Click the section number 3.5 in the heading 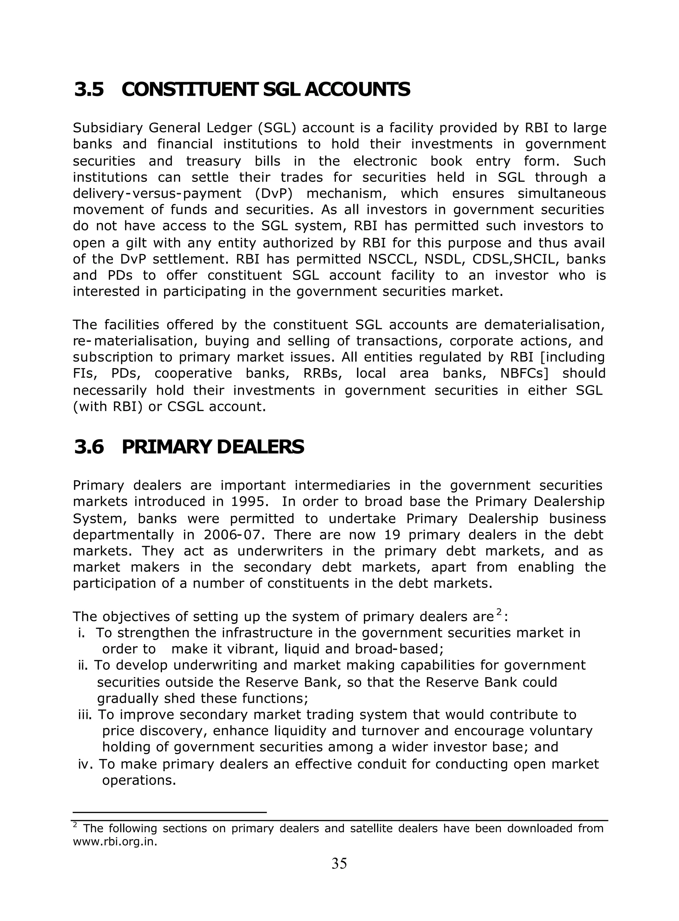click(x=89, y=89)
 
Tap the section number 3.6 click(x=89, y=447)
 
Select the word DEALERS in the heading click(x=260, y=447)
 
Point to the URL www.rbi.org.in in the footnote click(x=115, y=842)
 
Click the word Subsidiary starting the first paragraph click(x=108, y=128)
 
